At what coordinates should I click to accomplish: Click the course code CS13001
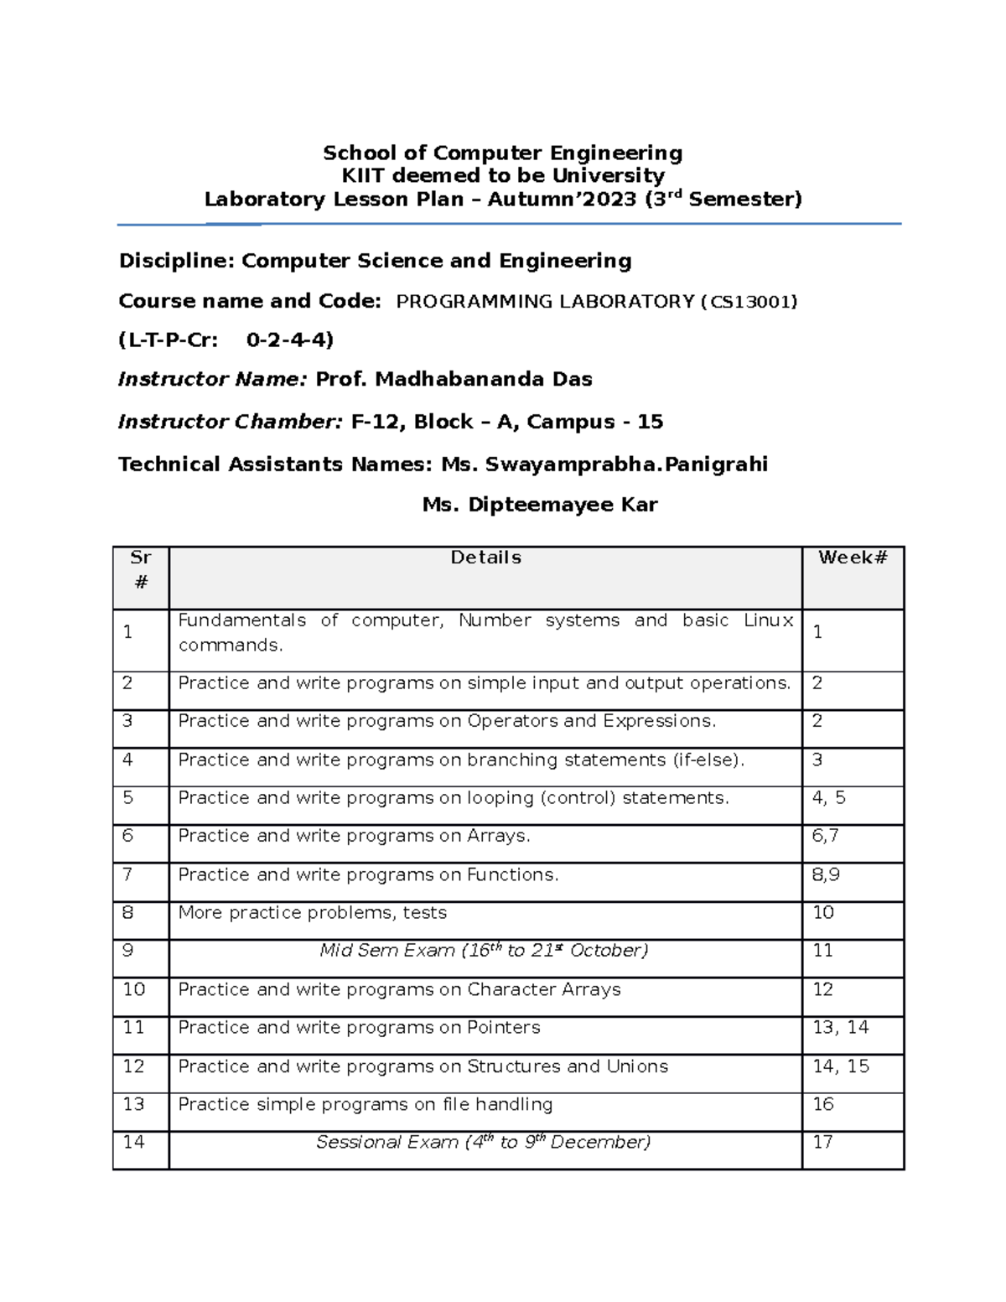[749, 302]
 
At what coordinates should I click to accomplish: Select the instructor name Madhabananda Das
[483, 380]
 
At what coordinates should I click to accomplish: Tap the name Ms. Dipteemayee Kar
[540, 505]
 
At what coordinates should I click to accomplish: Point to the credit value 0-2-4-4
[290, 340]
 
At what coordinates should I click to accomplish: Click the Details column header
[485, 558]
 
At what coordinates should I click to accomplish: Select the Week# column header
[853, 558]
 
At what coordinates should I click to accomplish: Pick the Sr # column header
[141, 569]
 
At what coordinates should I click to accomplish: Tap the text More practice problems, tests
[312, 913]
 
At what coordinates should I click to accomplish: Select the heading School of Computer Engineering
[502, 153]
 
